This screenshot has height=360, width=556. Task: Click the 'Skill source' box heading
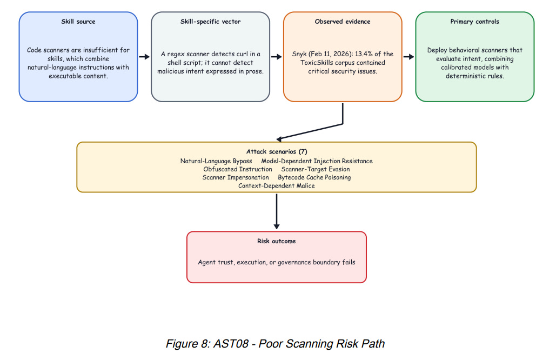(x=78, y=22)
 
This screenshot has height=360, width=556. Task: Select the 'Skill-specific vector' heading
(x=210, y=22)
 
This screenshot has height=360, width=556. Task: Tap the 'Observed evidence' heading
(x=343, y=22)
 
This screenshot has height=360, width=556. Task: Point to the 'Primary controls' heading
(x=474, y=22)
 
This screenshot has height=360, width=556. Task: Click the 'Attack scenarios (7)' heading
(x=277, y=152)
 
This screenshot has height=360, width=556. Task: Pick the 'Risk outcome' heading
(x=277, y=241)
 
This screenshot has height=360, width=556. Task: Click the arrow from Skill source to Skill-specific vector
(x=144, y=57)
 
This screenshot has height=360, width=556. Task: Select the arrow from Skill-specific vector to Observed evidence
(x=277, y=57)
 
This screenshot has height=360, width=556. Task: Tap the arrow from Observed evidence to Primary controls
(x=408, y=57)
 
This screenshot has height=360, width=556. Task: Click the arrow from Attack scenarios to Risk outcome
(x=277, y=211)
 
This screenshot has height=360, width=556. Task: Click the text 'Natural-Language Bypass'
(x=216, y=161)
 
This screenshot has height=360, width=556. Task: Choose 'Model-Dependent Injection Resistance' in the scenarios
(x=317, y=161)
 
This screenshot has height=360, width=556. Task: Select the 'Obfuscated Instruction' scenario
(x=238, y=169)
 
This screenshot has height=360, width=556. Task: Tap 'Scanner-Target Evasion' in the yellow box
(x=316, y=169)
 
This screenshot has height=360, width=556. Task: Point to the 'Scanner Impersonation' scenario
(x=236, y=177)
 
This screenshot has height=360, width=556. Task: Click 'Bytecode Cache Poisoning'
(x=314, y=177)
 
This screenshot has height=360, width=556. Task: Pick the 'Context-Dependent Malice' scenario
(x=277, y=185)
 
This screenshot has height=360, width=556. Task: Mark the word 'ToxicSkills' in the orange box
(x=316, y=63)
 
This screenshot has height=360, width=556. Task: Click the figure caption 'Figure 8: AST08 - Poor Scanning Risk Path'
(x=275, y=344)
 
